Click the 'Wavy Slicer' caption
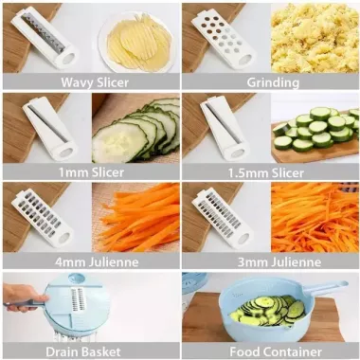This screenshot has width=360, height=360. pos(95,82)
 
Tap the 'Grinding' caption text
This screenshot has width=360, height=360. pos(273,82)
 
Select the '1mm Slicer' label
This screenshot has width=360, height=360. pos(91,172)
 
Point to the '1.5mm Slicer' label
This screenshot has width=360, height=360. pos(266,172)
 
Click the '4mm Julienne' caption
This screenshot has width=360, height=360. pos(97,262)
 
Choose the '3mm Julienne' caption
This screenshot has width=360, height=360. pos(279,262)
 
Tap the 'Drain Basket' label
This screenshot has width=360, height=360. pos(83,351)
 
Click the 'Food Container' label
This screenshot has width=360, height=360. pos(276,351)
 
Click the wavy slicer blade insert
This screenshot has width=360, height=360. pos(45,38)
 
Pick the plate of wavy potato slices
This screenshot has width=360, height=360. pos(136,42)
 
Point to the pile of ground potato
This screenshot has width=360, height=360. pos(315,38)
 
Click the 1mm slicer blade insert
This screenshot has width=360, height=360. pos(50,130)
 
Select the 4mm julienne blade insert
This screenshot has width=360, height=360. pos(42,217)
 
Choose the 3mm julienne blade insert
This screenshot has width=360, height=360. pos(223,217)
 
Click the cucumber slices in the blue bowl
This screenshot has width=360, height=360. pos(268,310)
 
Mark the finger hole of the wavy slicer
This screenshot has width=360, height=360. pos(69,59)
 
